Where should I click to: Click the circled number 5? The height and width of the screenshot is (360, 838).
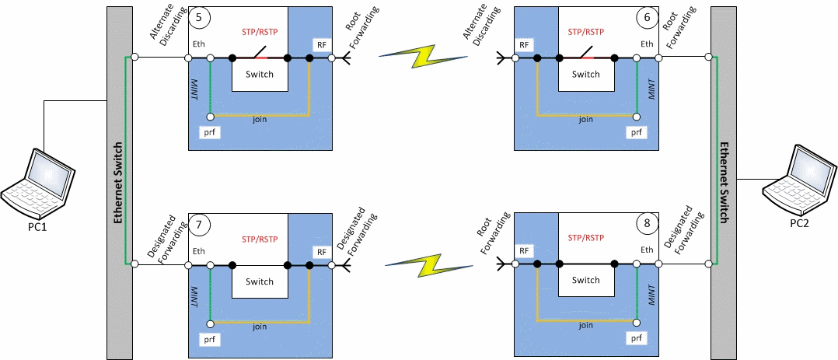(x=200, y=17)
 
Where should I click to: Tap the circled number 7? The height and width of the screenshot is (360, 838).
(x=200, y=225)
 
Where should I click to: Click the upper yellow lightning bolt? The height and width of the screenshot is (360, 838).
(x=421, y=57)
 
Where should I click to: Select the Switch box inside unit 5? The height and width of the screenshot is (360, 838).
(x=260, y=74)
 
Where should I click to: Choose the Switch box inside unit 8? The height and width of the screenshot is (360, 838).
(x=585, y=281)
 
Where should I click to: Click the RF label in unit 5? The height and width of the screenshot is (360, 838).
(x=321, y=45)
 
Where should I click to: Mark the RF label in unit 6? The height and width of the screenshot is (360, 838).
(x=525, y=45)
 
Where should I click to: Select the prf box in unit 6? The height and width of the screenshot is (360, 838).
(x=636, y=132)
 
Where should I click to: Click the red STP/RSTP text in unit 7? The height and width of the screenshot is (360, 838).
(x=260, y=239)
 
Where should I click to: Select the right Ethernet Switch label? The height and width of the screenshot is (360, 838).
(x=724, y=183)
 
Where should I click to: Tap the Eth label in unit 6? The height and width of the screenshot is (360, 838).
(x=647, y=44)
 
